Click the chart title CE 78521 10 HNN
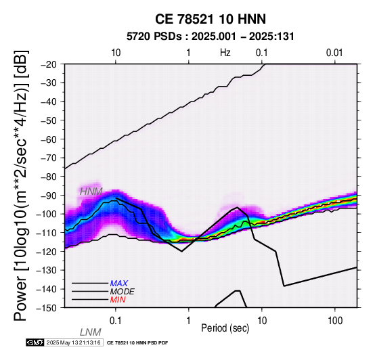[x=211, y=19]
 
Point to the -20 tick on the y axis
[x=49, y=64]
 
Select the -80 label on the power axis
[x=49, y=177]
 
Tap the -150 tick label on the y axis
[x=47, y=308]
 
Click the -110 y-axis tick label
[x=47, y=233]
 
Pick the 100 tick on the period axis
[x=335, y=321]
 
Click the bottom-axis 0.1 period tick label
[x=116, y=321]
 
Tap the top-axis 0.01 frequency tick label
[x=334, y=53]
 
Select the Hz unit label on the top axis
[x=225, y=53]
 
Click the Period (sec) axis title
[x=225, y=328]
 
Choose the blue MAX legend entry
[x=119, y=284]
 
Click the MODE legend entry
[x=123, y=292]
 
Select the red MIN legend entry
[x=118, y=300]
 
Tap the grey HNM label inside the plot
[x=91, y=192]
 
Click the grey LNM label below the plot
[x=91, y=332]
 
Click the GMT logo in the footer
[x=35, y=342]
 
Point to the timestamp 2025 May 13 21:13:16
[x=73, y=342]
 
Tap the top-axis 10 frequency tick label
[x=116, y=53]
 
